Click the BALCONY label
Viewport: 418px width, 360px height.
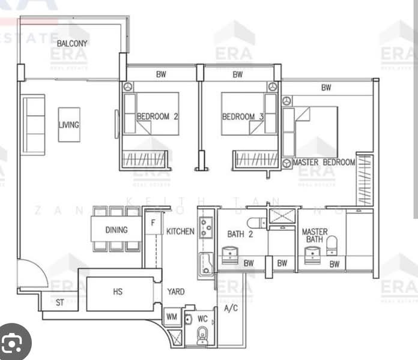(x=72, y=43)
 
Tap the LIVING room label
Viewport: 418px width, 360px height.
(x=69, y=125)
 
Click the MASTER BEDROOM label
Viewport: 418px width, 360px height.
(x=324, y=163)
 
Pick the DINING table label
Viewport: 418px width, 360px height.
(x=116, y=230)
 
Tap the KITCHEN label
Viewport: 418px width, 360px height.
(x=180, y=231)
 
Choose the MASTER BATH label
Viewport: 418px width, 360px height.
(x=315, y=235)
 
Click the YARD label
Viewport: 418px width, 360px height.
(x=175, y=292)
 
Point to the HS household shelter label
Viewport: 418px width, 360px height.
(x=118, y=292)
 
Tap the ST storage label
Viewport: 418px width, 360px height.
(x=59, y=303)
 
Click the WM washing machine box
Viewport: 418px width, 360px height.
(x=171, y=316)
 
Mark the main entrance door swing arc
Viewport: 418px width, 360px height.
(x=32, y=273)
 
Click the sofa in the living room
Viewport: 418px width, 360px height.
(x=33, y=124)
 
